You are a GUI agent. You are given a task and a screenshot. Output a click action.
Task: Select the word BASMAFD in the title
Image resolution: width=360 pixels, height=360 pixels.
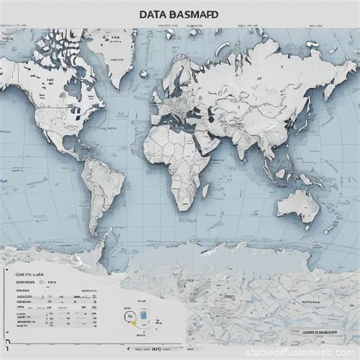pyautogui.click(x=194, y=14)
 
